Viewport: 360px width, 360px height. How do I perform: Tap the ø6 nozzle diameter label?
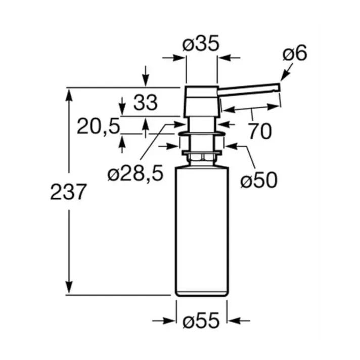[x=295, y=54]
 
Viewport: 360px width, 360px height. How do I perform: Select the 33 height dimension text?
[x=146, y=103]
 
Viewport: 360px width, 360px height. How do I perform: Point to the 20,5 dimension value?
[x=99, y=126]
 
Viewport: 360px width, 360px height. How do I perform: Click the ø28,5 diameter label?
[x=136, y=173]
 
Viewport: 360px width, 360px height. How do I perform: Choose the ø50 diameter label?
[x=259, y=180]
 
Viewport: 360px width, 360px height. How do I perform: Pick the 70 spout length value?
[x=260, y=131]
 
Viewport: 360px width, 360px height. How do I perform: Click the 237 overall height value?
[x=68, y=192]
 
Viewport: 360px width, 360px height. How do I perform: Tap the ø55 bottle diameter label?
[x=201, y=321]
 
